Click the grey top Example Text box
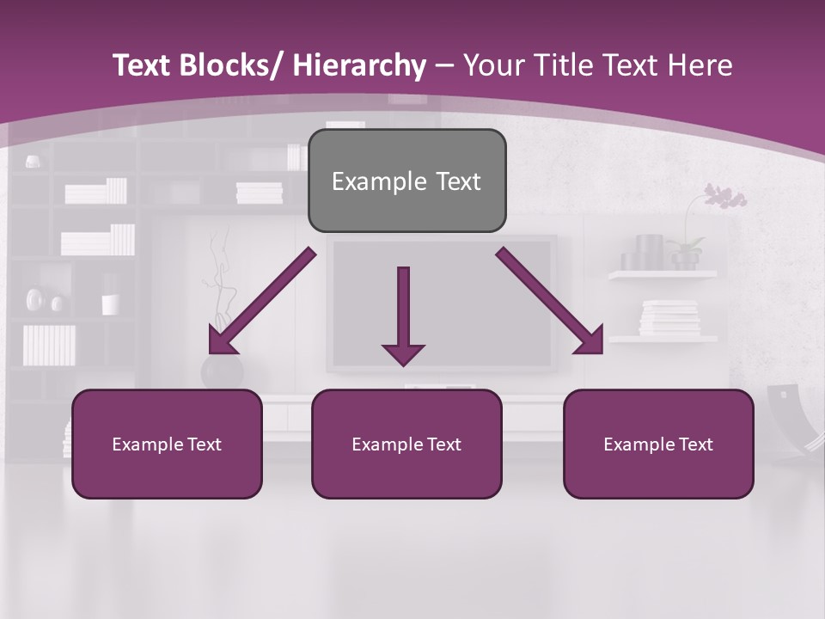(x=406, y=181)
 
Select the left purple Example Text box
(x=167, y=444)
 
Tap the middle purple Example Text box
(x=406, y=444)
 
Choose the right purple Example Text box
(x=658, y=444)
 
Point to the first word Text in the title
(x=144, y=65)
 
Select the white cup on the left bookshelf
(x=110, y=304)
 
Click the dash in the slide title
(x=444, y=65)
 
